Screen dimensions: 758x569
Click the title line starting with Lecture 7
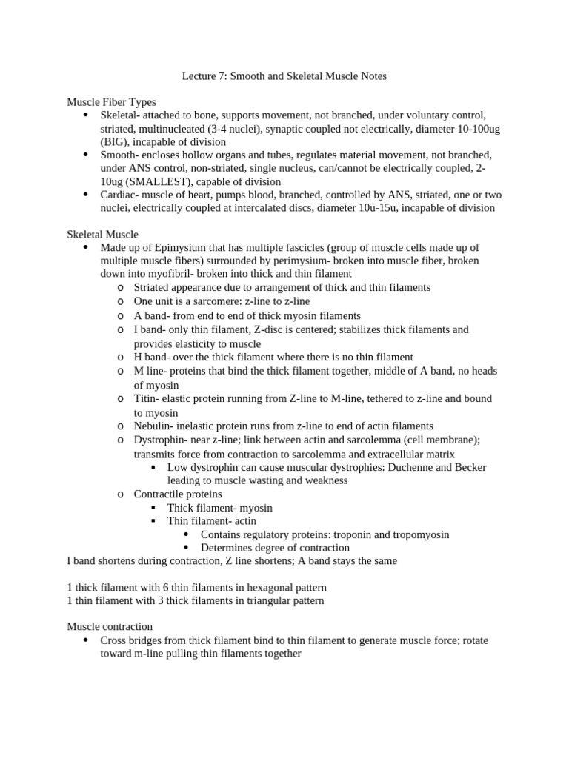point(284,76)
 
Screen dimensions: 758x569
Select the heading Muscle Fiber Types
point(111,102)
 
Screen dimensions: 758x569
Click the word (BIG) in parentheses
point(115,141)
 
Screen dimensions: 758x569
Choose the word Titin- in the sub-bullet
point(147,398)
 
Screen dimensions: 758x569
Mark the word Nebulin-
point(154,426)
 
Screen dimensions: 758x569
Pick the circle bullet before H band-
point(121,358)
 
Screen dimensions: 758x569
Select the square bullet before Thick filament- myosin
point(153,508)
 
